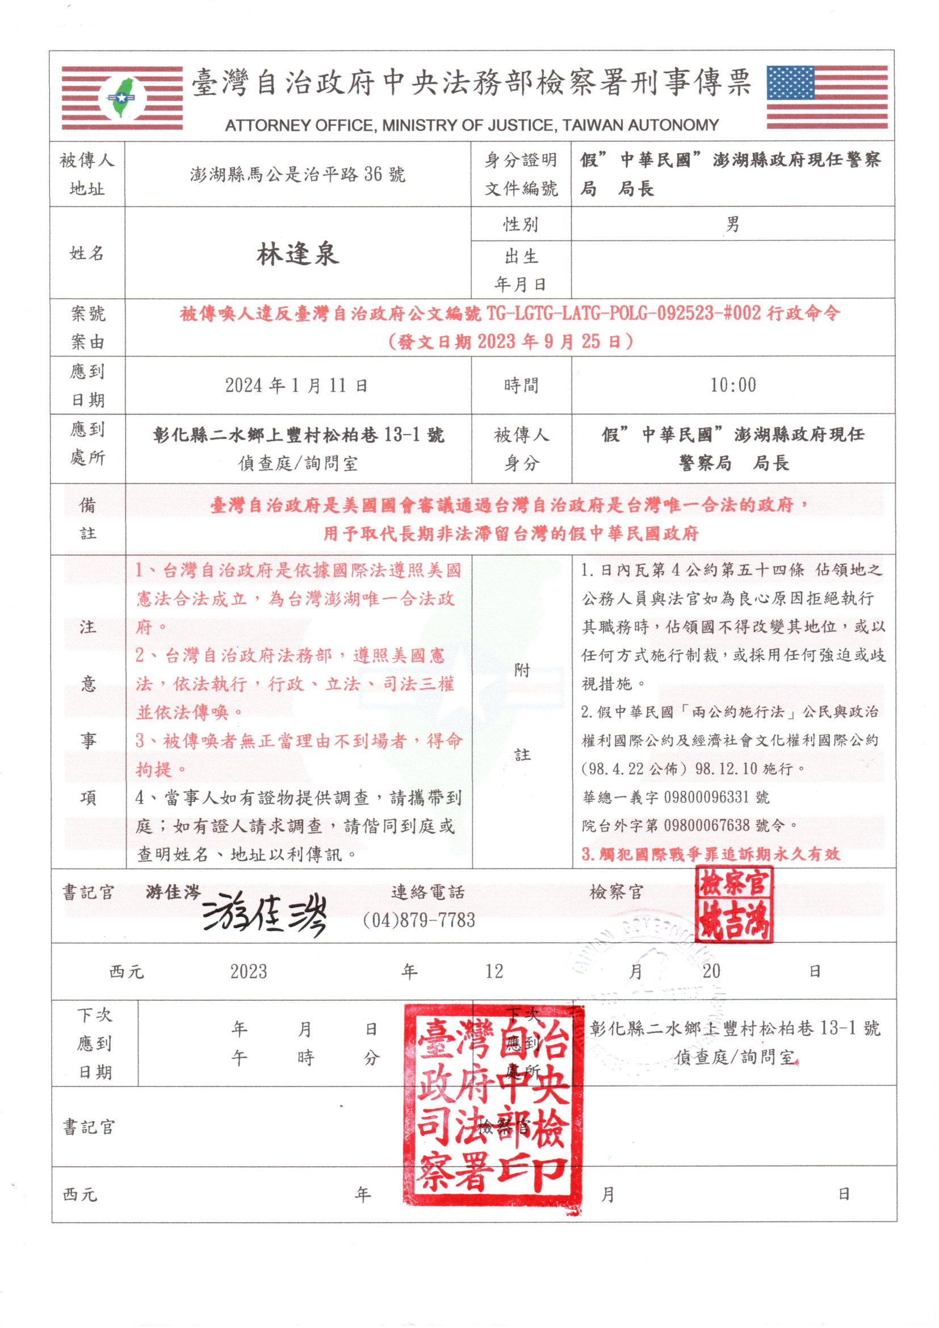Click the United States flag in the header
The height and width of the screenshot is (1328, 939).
pos(826,97)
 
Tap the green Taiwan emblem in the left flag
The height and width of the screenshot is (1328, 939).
pos(122,98)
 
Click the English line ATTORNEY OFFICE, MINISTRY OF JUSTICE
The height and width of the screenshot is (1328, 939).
pos(471,125)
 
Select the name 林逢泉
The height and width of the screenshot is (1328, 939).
pos(298,254)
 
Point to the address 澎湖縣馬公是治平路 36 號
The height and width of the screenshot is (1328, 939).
pos(298,174)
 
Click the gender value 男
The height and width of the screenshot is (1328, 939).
pos(732,224)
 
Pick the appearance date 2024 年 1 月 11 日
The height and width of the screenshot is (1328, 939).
pos(296,385)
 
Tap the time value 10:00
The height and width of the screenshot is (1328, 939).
pos(733,385)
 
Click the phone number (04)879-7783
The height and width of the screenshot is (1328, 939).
pos(418,920)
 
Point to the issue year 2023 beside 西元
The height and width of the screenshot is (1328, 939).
pos(249,971)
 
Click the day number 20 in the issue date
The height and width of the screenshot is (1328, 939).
pos(711,971)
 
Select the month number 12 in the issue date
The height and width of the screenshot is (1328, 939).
pos(494,971)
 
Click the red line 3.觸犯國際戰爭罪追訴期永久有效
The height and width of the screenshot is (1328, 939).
pos(711,854)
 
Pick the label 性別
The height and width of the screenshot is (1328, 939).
pos(521,224)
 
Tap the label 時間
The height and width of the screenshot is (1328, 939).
pos(521,385)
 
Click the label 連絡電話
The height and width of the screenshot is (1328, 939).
pos(428,892)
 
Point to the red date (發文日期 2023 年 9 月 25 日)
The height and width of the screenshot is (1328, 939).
pos(510,342)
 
